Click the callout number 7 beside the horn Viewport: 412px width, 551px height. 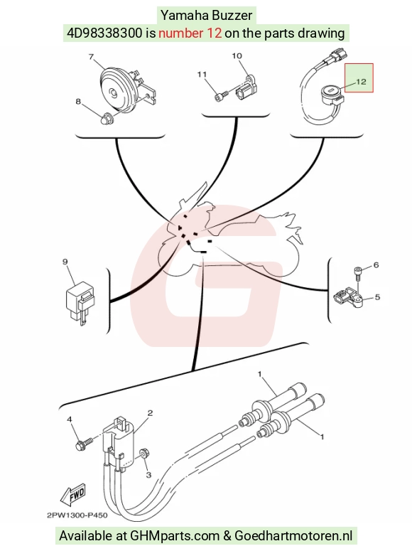[x=92, y=57]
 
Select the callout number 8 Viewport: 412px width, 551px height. [x=78, y=102]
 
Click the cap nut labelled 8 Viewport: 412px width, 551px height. [x=105, y=119]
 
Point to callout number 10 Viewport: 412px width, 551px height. [x=237, y=55]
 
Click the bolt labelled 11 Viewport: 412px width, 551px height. [x=222, y=95]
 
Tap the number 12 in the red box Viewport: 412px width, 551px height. [x=361, y=82]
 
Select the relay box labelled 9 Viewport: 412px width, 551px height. [x=80, y=302]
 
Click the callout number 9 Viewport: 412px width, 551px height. [x=65, y=262]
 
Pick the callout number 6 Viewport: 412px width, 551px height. [x=376, y=264]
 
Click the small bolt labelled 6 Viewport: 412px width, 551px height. [x=357, y=274]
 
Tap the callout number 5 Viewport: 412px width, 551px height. [x=377, y=297]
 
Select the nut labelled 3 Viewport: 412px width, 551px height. [x=144, y=454]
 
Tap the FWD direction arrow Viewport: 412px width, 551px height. [x=72, y=496]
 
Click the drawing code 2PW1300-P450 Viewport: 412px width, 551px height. [x=77, y=515]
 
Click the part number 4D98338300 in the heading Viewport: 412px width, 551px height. [x=105, y=33]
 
